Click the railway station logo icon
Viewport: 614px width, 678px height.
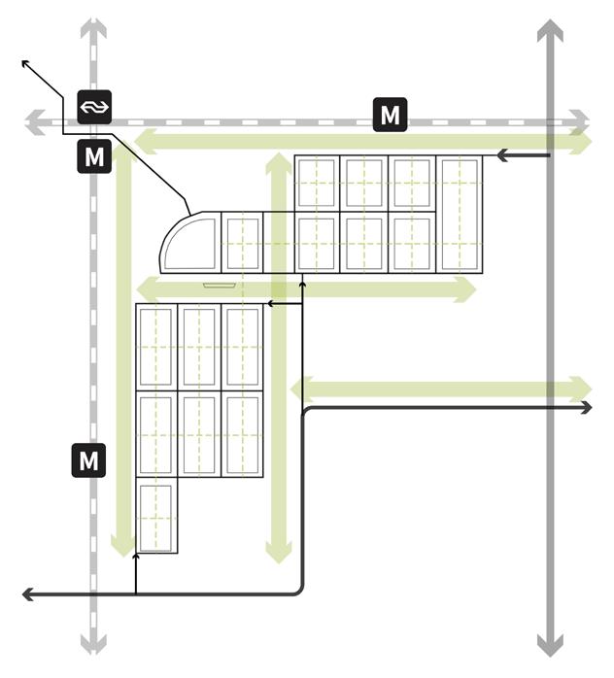pos(94,105)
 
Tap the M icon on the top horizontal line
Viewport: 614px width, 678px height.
pos(390,115)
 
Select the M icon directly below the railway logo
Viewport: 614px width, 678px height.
pos(94,156)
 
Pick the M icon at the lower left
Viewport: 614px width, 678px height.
pos(88,459)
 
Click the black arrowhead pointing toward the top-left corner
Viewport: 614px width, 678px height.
pos(26,63)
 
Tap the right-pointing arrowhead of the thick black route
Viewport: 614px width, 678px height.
pos(586,409)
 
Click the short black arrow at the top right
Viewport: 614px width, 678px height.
pos(501,154)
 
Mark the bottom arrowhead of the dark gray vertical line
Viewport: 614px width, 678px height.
pos(550,647)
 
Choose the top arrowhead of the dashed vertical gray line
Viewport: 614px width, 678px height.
pos(93,26)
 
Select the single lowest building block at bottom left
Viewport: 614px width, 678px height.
pos(156,517)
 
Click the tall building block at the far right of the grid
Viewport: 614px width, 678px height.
pos(460,214)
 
